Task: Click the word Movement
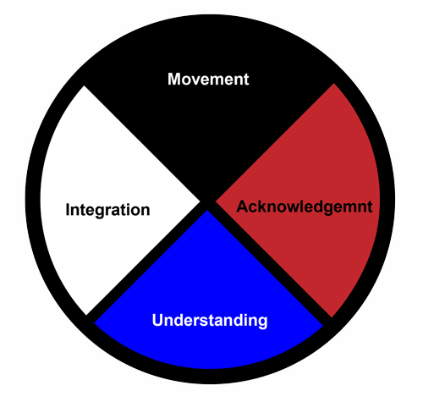(208, 79)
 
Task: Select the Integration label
(107, 210)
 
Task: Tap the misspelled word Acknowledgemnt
(305, 207)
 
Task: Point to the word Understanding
(210, 321)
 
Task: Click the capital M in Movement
(174, 79)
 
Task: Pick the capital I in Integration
(68, 210)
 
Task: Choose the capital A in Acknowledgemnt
(243, 207)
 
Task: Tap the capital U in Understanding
(158, 320)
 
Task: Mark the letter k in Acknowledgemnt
(266, 207)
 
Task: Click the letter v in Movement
(197, 80)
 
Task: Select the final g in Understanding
(262, 322)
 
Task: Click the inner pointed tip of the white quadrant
(200, 201)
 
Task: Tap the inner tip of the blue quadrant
(207, 210)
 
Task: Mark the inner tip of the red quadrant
(216, 201)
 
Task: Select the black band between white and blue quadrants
(146, 262)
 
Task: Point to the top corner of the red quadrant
(333, 84)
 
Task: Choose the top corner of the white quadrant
(84, 86)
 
